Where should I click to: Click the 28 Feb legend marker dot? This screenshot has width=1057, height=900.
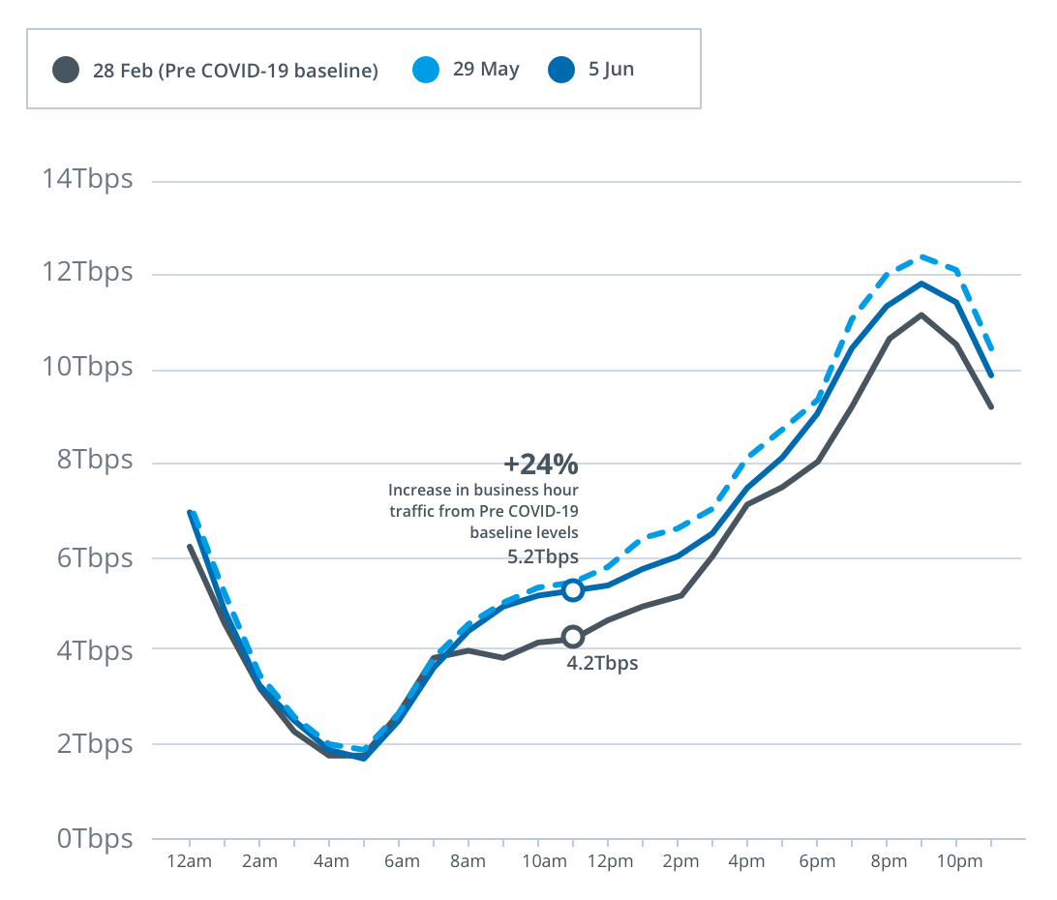click(x=66, y=71)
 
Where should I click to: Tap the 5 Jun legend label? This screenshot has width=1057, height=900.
click(x=611, y=70)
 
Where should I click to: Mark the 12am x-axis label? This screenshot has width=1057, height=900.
click(x=190, y=861)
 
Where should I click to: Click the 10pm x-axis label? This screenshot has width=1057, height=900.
click(x=956, y=861)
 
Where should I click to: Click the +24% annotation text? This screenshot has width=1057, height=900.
click(x=540, y=465)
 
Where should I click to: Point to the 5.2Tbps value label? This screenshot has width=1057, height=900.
click(x=543, y=556)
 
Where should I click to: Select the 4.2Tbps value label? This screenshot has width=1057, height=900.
click(x=602, y=664)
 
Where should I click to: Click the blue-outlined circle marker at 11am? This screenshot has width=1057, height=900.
click(x=573, y=589)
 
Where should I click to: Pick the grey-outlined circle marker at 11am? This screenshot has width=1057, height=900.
click(x=573, y=637)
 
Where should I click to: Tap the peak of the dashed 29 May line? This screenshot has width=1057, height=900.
click(x=921, y=256)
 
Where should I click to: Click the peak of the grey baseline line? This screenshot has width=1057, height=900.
click(x=921, y=315)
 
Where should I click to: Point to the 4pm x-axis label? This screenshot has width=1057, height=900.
click(x=747, y=861)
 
